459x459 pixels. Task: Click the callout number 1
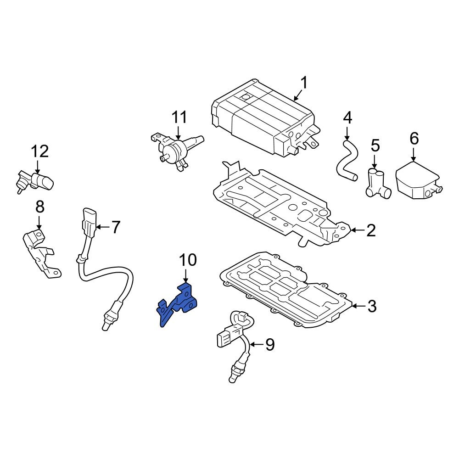(x=303, y=84)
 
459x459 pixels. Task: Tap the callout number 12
(x=39, y=151)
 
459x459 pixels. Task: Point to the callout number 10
(x=188, y=260)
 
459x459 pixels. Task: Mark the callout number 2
(x=371, y=230)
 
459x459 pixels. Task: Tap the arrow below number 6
(x=414, y=154)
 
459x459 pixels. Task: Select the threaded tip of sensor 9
(x=233, y=376)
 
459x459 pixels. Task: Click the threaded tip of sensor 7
(x=105, y=324)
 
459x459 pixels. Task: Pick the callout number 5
(x=375, y=146)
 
